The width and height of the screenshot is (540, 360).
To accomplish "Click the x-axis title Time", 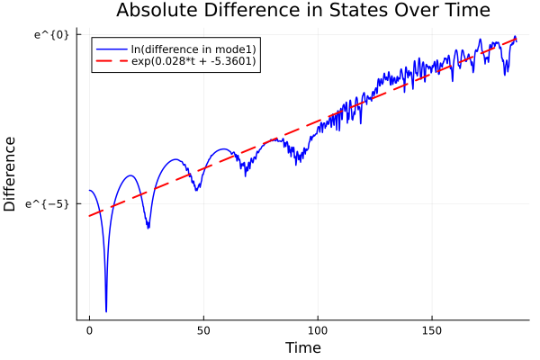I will coord(302,347).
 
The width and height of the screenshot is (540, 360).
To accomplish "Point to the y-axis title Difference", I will coord(11,174).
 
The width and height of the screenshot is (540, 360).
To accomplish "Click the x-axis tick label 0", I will coord(89,330).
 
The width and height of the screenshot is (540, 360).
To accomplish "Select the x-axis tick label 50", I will coord(203,330).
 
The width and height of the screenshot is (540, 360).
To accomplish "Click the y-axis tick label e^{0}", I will coord(52,34).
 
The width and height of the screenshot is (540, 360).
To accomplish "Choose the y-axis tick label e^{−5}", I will coord(52,203).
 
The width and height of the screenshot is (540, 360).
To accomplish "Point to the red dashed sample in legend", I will coord(110,61).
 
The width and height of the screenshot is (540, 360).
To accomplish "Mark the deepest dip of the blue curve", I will coord(106,311).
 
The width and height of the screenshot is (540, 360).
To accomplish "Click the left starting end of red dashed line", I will coord(89,216).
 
